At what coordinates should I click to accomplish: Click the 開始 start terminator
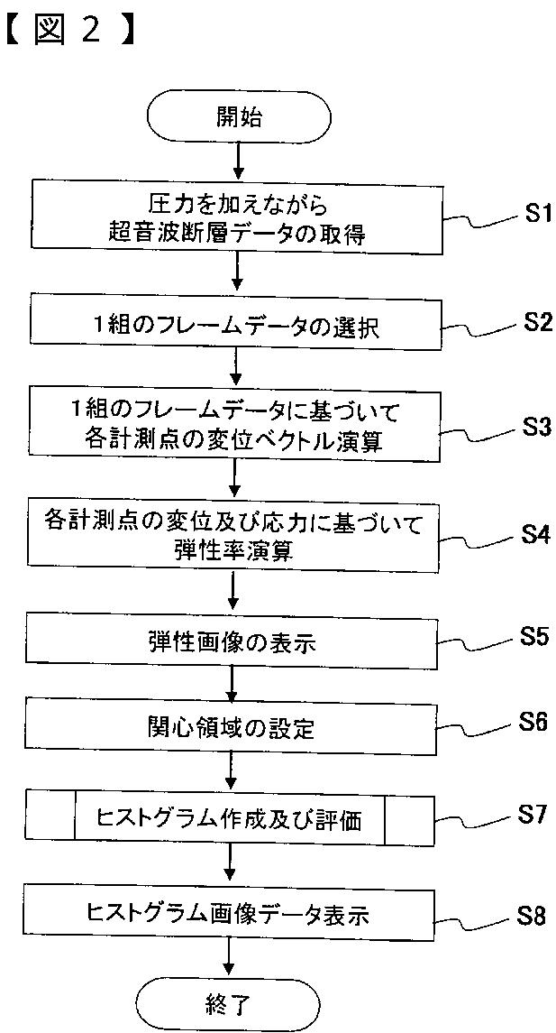pyautogui.click(x=239, y=117)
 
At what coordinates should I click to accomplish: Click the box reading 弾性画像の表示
pyautogui.click(x=232, y=642)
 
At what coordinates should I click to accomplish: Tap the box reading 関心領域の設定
pyautogui.click(x=232, y=727)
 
